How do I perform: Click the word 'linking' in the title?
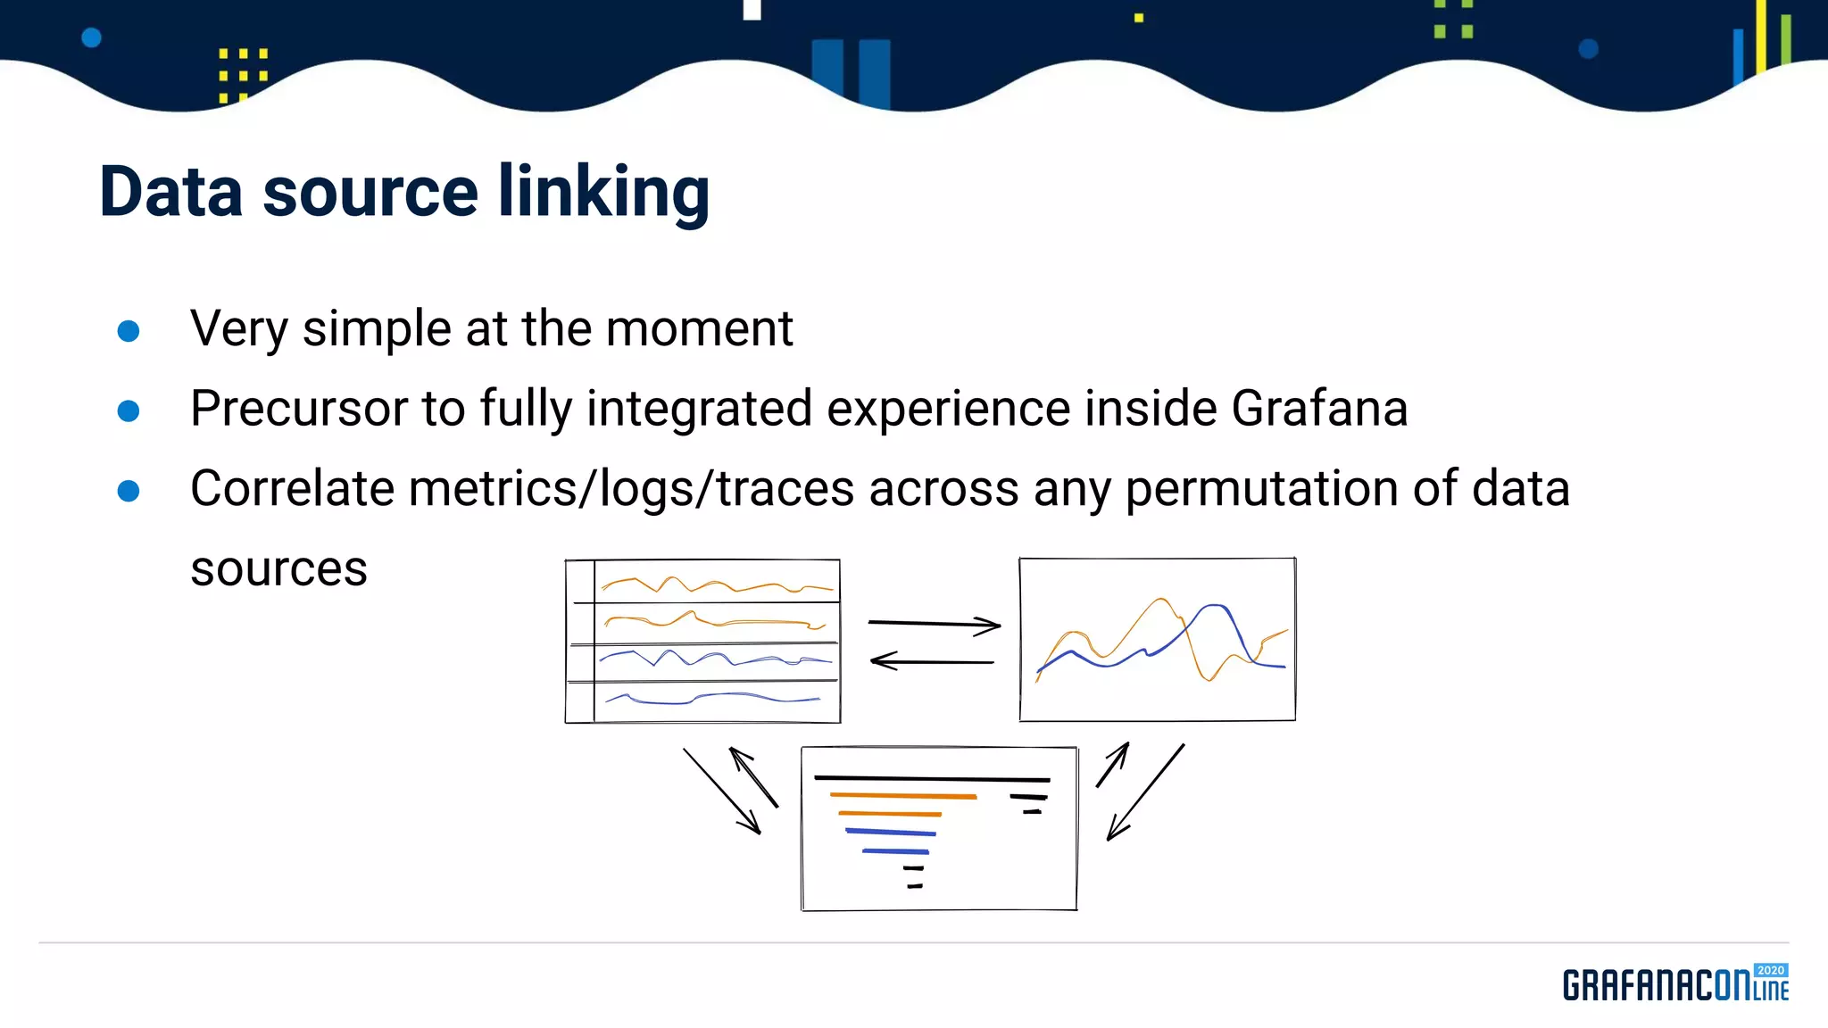click(603, 192)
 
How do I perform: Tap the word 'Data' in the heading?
click(170, 192)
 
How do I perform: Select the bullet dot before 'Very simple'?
click(129, 331)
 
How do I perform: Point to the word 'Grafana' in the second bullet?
click(1319, 409)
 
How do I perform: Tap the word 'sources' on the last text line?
click(278, 568)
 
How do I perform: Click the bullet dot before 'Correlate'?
click(129, 491)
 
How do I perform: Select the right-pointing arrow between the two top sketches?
click(934, 624)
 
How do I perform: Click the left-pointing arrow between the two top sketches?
click(932, 661)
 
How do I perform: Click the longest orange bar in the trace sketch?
click(902, 794)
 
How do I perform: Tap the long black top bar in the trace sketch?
click(931, 778)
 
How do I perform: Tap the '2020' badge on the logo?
click(1770, 970)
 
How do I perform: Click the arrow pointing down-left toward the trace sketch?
click(1145, 792)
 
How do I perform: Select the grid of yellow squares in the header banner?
click(243, 75)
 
